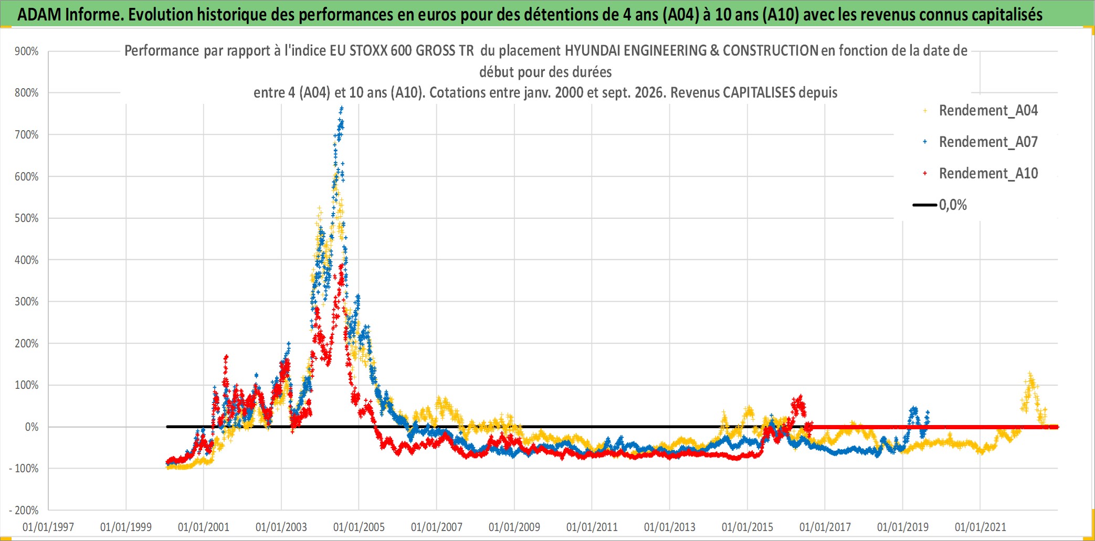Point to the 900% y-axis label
27,51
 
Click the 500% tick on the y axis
27,218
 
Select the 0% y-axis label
32,427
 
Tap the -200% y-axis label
24,510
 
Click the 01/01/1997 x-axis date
48,527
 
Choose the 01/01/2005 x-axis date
359,527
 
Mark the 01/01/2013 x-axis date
670,527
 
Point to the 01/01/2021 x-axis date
981,527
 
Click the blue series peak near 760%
342,109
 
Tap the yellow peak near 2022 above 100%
1030,375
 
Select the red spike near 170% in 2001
226,357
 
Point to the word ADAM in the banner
39,14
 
